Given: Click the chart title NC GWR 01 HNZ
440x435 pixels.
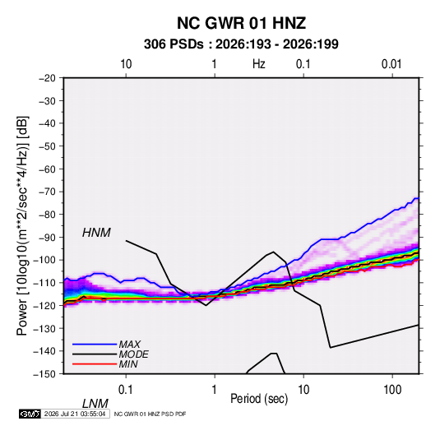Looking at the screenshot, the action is point(241,23).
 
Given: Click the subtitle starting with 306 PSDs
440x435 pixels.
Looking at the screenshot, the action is point(241,44).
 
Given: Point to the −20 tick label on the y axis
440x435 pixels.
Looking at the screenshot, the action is point(47,78).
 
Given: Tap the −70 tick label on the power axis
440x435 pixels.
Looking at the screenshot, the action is point(47,192).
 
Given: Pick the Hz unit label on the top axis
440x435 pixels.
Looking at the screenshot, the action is point(259,64).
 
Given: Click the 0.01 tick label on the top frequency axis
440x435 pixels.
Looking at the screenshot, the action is point(391,64).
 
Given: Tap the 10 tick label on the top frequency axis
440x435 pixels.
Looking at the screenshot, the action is point(126,64).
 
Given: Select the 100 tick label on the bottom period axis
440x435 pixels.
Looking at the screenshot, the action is point(392,390).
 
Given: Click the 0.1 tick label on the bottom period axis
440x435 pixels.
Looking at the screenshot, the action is point(125,390).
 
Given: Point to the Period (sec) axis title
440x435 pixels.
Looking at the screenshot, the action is point(259,399).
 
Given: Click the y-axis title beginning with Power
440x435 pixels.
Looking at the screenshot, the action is point(23,226).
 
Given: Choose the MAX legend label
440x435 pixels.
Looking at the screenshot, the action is point(129,344).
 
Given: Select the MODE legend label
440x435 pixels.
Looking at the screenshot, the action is point(133,354).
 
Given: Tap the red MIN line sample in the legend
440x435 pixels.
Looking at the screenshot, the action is point(95,364).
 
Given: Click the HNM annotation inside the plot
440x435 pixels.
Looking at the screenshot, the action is point(96,233).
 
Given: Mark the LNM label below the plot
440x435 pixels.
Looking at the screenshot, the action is point(95,404).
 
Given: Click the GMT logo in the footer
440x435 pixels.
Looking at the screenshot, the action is point(30,414).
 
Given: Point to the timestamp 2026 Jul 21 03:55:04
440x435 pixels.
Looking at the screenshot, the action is point(75,414).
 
